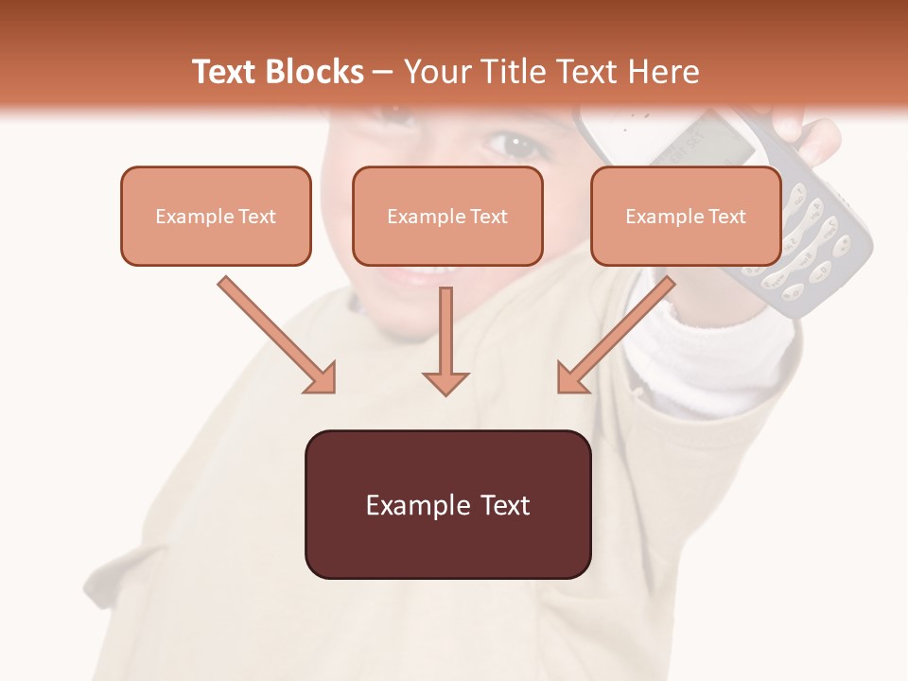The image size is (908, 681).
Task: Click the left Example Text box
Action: [x=216, y=216]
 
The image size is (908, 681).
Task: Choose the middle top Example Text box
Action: [x=447, y=216]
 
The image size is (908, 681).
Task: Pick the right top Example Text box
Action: [x=686, y=216]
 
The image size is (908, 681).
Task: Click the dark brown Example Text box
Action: [x=447, y=504]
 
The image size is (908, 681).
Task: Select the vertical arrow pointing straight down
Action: [x=445, y=340]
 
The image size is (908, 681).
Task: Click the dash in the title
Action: [x=383, y=73]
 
